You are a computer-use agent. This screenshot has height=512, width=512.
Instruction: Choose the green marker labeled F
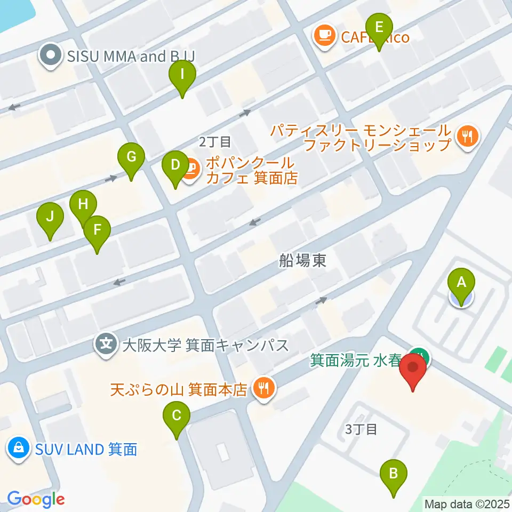(97, 230)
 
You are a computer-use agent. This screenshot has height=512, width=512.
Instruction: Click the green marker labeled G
(131, 157)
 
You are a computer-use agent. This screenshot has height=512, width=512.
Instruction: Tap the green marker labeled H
(83, 205)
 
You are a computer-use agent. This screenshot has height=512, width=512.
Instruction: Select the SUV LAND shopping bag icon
(19, 449)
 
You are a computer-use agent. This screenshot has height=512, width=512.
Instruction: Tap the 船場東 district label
(302, 260)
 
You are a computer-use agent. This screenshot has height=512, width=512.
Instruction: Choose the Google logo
(36, 499)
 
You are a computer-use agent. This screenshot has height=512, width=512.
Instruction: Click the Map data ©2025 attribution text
(467, 503)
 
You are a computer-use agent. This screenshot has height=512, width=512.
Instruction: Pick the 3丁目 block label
(361, 429)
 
